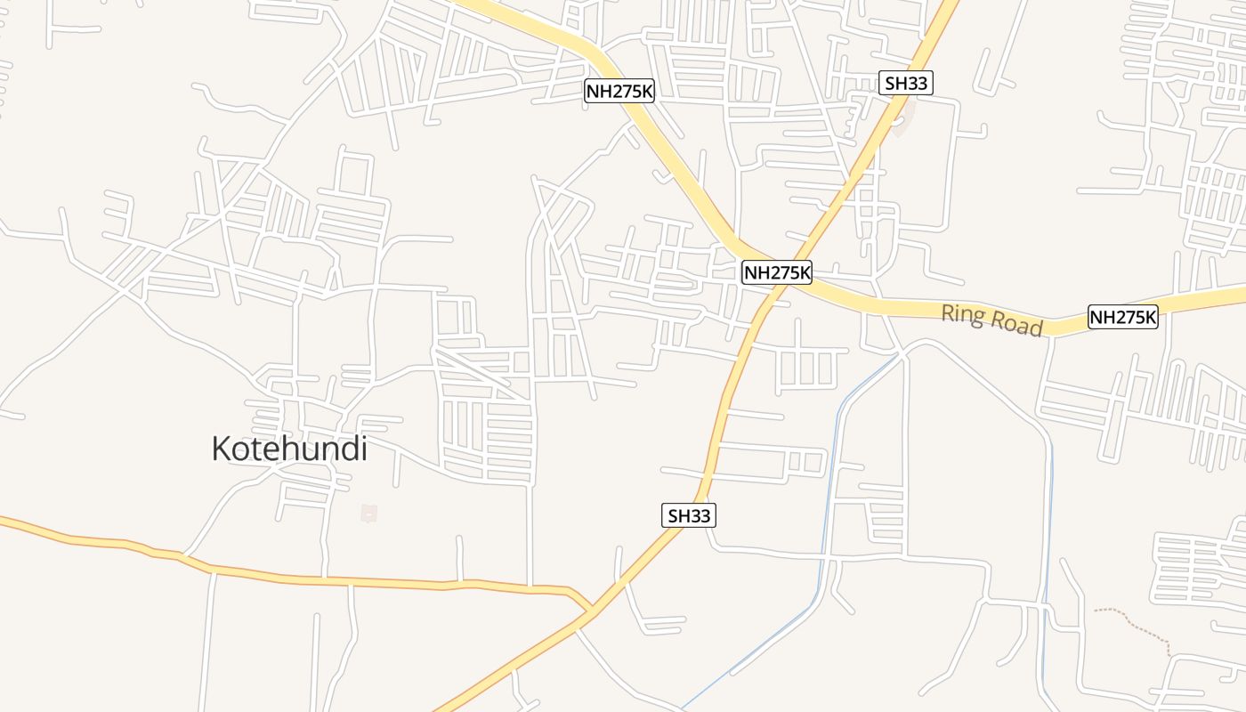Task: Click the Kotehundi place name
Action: pos(289,449)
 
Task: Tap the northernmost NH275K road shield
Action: pos(619,91)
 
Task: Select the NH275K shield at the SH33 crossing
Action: pos(777,272)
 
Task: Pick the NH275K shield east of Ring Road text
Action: pos(1122,317)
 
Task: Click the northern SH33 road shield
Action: pos(906,84)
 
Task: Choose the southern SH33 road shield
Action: pos(689,514)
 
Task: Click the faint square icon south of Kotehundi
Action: pos(368,513)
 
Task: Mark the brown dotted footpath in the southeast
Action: pos(1139,623)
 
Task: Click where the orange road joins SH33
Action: pos(589,610)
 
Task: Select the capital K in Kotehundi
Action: pos(222,449)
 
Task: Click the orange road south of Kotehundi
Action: pos(356,582)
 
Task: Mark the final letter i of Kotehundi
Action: pos(363,449)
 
